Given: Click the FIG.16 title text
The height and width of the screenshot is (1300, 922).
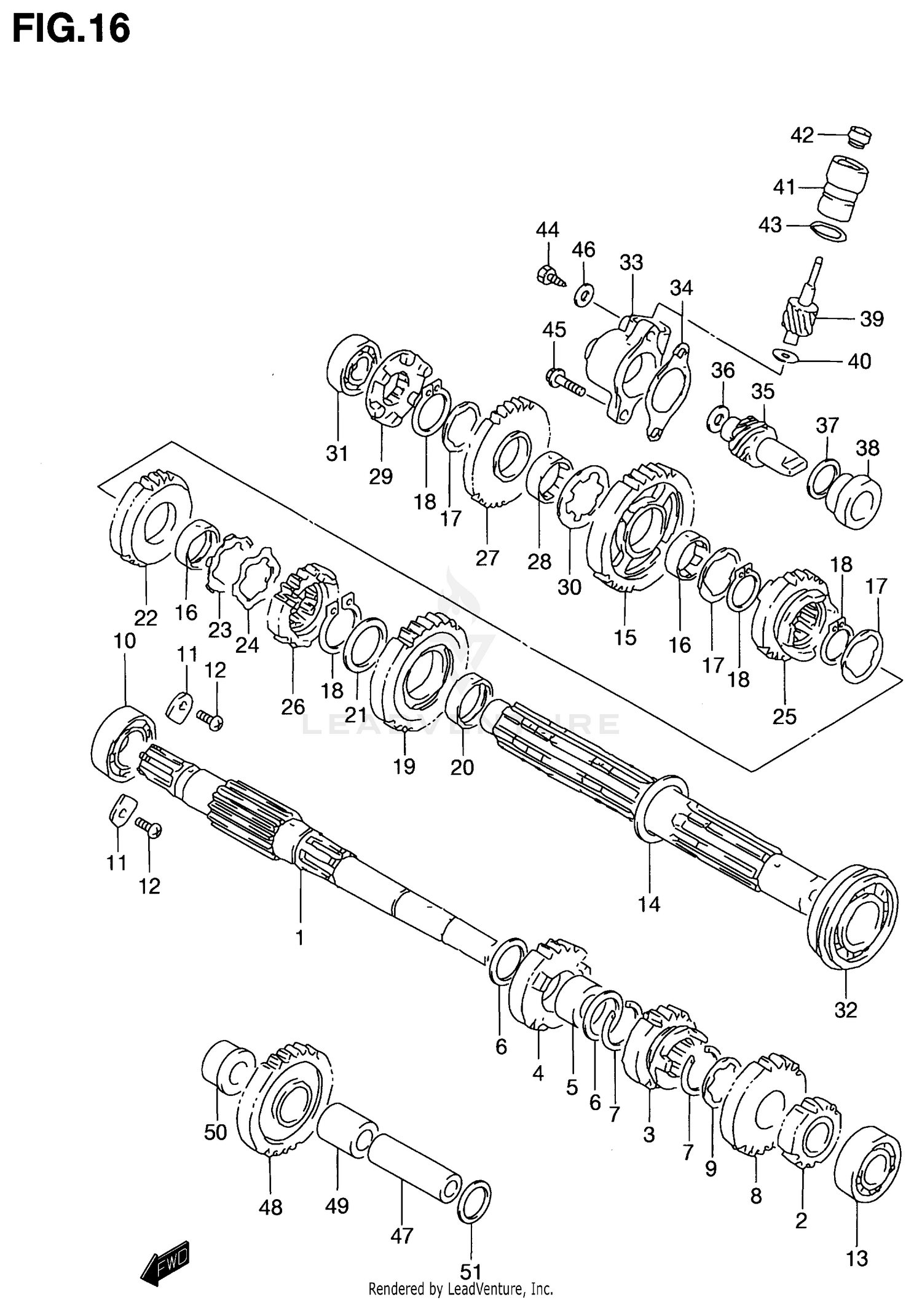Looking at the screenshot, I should [71, 29].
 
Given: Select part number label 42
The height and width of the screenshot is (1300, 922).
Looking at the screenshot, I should [802, 135].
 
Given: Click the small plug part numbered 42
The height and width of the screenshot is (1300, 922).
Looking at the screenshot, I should [859, 136].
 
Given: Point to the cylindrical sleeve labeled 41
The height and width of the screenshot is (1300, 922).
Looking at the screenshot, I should [845, 187].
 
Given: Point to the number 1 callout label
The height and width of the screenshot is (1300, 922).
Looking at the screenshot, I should [300, 938].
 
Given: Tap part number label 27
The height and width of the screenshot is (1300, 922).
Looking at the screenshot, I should [487, 558].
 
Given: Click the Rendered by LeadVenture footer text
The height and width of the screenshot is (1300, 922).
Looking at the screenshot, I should [460, 1288].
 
